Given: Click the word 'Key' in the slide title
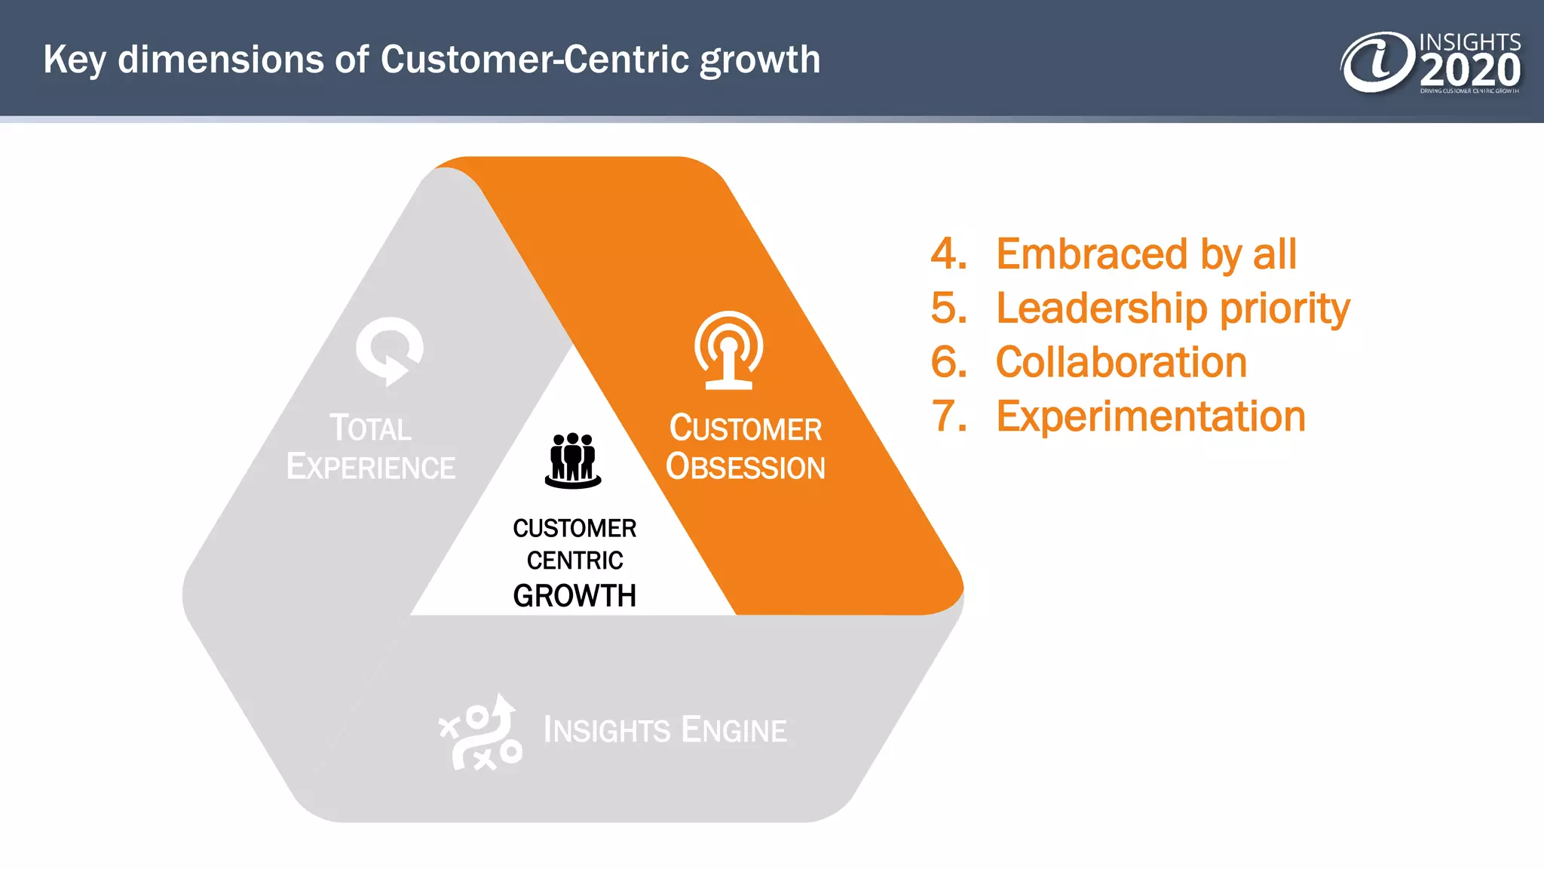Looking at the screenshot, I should [73, 60].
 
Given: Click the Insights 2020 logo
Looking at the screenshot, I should [1430, 63].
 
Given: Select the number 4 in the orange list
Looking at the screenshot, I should [948, 254].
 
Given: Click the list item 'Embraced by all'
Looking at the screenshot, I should [1146, 254].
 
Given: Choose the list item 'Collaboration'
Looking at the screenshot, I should [1121, 363].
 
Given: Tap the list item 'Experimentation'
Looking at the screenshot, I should [1150, 417].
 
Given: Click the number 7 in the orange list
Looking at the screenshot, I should [948, 417].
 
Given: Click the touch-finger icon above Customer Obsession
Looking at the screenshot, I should [728, 351].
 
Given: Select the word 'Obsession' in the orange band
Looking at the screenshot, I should [745, 467].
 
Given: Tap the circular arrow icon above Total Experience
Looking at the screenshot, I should [389, 351].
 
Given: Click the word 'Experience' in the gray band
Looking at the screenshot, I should [370, 467].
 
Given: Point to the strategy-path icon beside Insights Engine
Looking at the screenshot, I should [481, 732].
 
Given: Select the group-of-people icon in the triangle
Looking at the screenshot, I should [573, 460].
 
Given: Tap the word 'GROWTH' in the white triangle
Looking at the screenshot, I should [574, 596].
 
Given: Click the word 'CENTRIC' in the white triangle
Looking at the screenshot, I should [574, 560].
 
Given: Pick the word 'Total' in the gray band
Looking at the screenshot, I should [370, 428].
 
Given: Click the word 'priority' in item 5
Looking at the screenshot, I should [1285, 309].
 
